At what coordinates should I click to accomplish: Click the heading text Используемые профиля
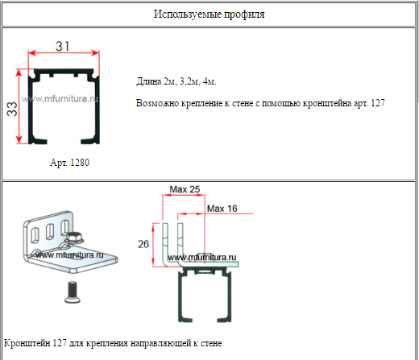coord(209,14)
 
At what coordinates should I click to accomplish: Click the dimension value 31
coord(63,46)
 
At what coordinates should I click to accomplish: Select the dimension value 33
coord(12,109)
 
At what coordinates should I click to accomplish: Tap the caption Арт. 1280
coord(69,163)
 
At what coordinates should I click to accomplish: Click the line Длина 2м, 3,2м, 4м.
coord(176,81)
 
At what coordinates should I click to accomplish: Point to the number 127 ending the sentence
coord(378,103)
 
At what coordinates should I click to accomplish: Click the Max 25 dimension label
coord(185,189)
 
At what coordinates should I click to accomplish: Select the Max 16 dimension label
coord(222,209)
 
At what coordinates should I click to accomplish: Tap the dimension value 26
coord(143,244)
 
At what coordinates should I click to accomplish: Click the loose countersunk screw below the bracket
coord(73,292)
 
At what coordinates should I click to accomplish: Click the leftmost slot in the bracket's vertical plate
coord(35,235)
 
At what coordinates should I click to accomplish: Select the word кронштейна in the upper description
coord(327,103)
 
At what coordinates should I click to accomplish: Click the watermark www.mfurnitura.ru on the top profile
coord(60,99)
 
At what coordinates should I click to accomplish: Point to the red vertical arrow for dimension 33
coord(19,106)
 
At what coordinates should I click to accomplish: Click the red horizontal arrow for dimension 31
coord(64,52)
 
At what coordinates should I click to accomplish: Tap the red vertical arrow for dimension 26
coord(153,244)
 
